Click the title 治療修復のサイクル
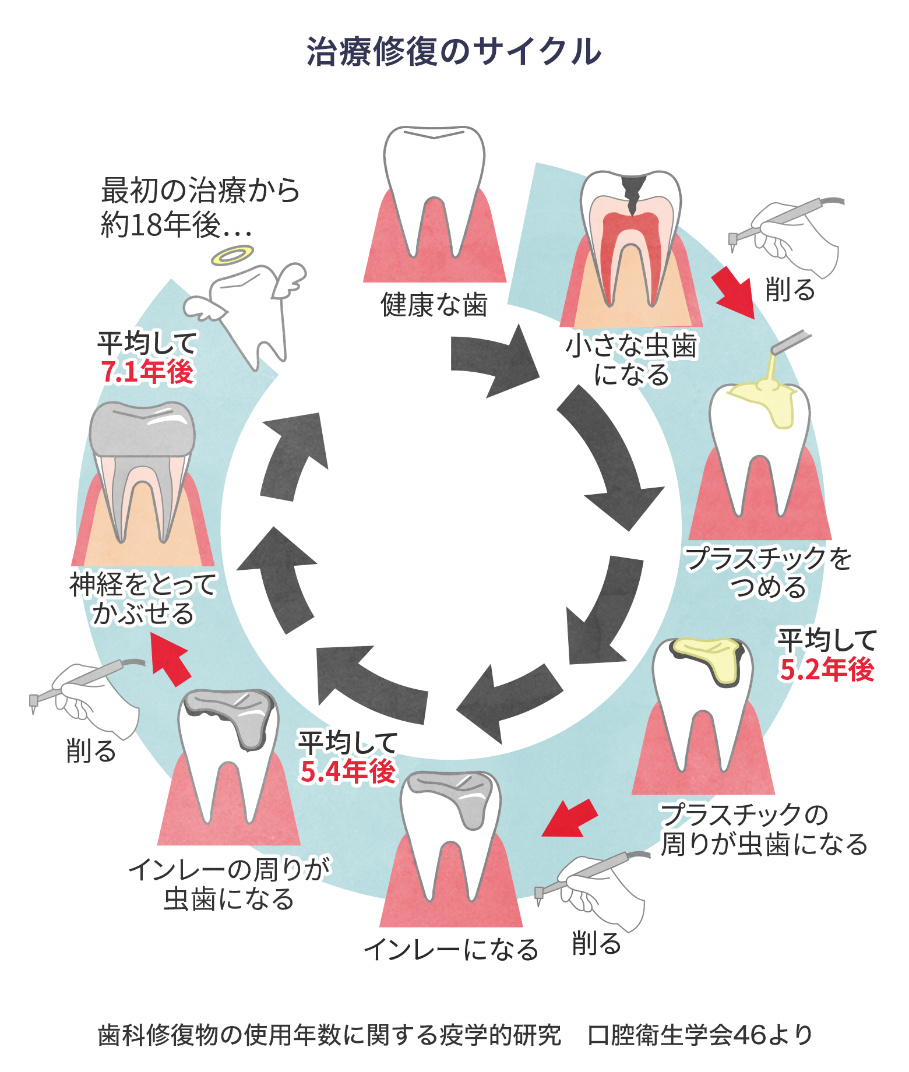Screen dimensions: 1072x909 pos(454,52)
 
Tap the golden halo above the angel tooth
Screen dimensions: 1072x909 pos(232,255)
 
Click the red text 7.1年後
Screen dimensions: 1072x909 pos(147,372)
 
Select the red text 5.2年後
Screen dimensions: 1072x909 pos(827,669)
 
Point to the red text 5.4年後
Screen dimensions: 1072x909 pos(348,771)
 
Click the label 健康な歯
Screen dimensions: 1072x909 pos(434,305)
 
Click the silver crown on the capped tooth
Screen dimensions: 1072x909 pos(142,428)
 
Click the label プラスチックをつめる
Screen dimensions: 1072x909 pos(768,572)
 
